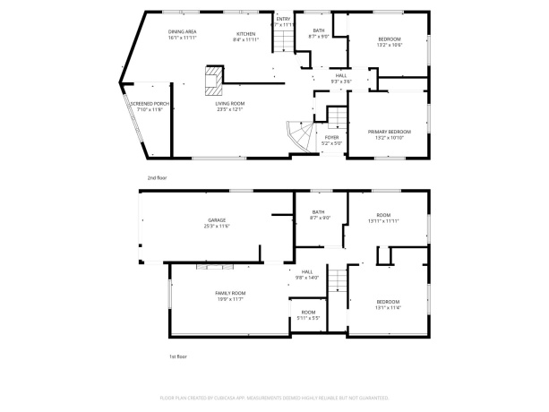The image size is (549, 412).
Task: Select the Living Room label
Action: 229,103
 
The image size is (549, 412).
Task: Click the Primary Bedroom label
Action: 390,132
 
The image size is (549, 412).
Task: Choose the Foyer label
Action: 331,137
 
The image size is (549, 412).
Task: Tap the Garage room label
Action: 217,219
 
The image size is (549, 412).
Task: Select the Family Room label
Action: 230,293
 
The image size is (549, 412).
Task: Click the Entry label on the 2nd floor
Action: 283,19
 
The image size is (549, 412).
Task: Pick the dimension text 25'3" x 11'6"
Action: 217,226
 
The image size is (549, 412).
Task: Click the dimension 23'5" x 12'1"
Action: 229,109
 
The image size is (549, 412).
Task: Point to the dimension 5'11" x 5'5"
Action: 308,318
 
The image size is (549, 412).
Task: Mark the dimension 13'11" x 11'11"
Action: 384,220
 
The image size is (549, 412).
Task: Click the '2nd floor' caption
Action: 157,177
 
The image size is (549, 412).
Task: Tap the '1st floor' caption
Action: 178,356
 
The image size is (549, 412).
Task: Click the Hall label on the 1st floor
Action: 307,271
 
